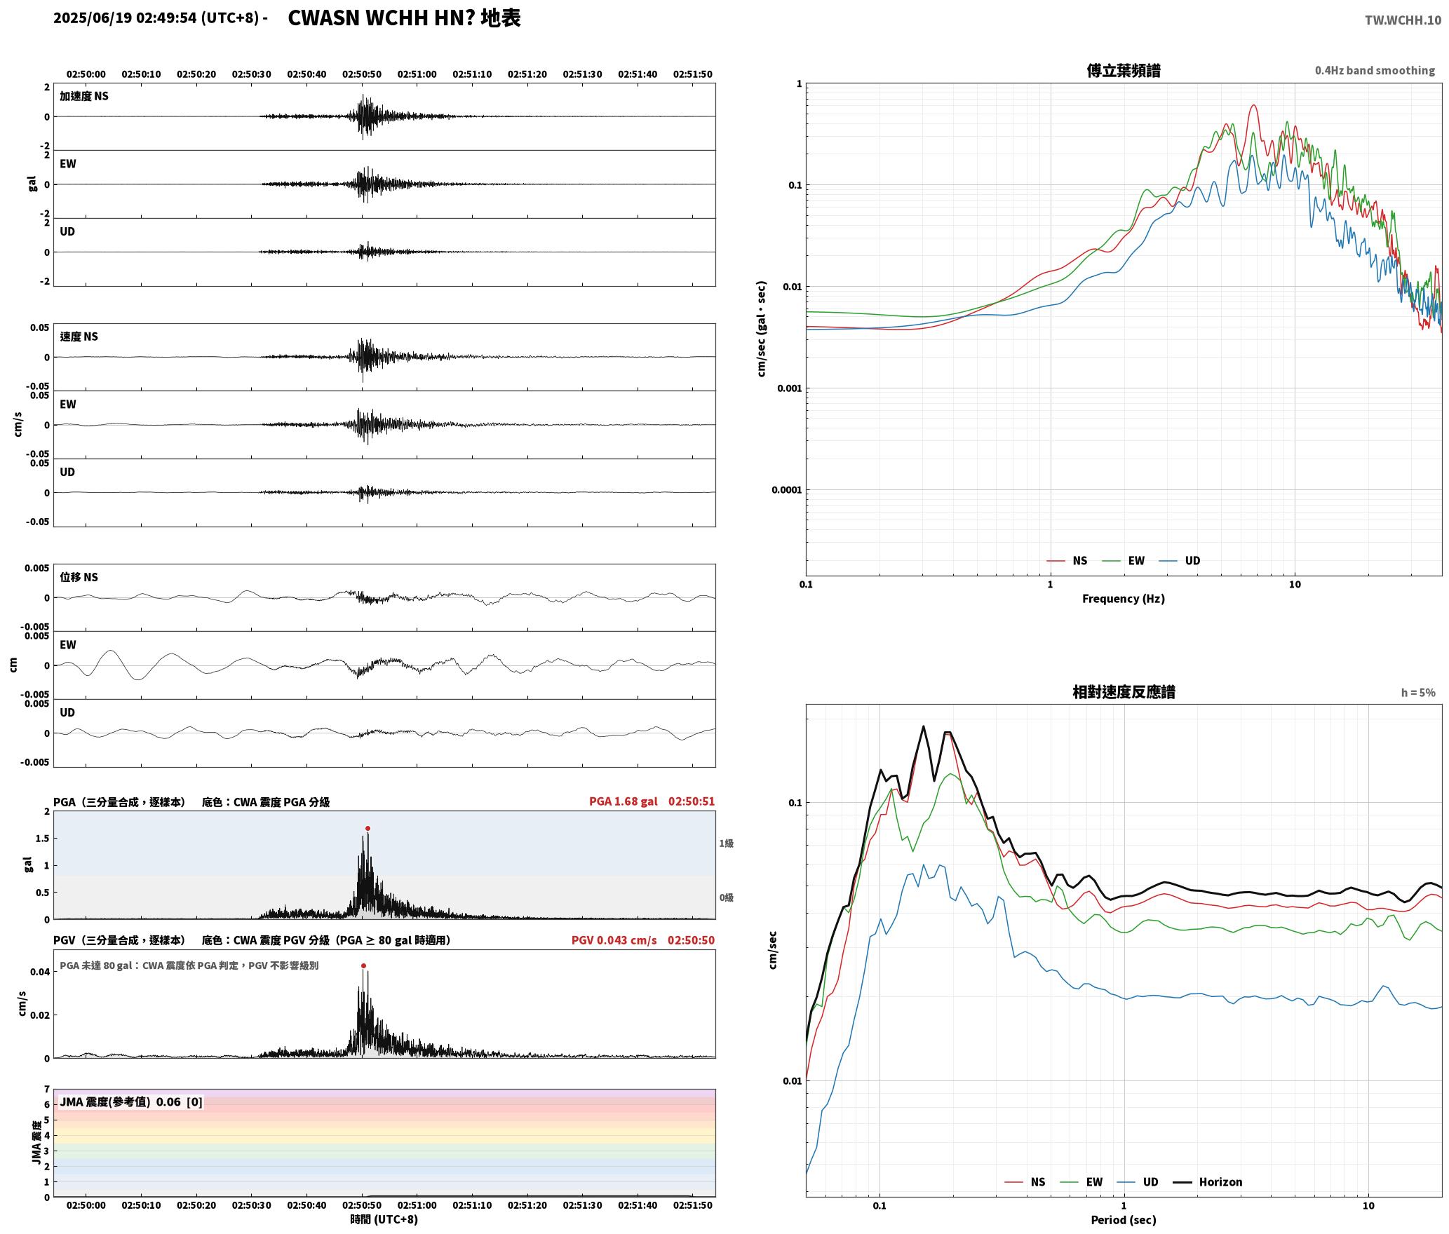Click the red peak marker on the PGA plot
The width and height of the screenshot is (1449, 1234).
click(368, 828)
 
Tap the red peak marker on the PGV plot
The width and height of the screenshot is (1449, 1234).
click(363, 965)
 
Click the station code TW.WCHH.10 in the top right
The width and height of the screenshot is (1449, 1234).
click(1403, 20)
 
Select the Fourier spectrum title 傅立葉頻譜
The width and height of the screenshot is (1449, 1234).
click(1124, 70)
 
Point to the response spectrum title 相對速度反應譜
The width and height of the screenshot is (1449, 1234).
click(1124, 691)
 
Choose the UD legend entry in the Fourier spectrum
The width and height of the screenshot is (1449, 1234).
click(1180, 560)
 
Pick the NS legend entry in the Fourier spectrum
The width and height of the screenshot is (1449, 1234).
click(1067, 560)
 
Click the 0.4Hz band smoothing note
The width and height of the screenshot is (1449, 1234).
click(1375, 70)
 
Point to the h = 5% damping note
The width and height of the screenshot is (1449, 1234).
click(1418, 692)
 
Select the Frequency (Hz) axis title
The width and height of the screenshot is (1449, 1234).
click(1124, 598)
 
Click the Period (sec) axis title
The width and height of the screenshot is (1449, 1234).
click(1124, 1219)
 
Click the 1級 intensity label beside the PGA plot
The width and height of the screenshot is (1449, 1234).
click(726, 843)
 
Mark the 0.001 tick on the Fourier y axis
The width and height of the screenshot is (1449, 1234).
click(789, 388)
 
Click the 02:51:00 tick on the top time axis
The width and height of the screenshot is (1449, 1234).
click(417, 74)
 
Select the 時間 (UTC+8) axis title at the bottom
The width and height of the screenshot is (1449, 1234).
click(384, 1219)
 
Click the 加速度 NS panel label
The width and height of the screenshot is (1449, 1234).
click(84, 96)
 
